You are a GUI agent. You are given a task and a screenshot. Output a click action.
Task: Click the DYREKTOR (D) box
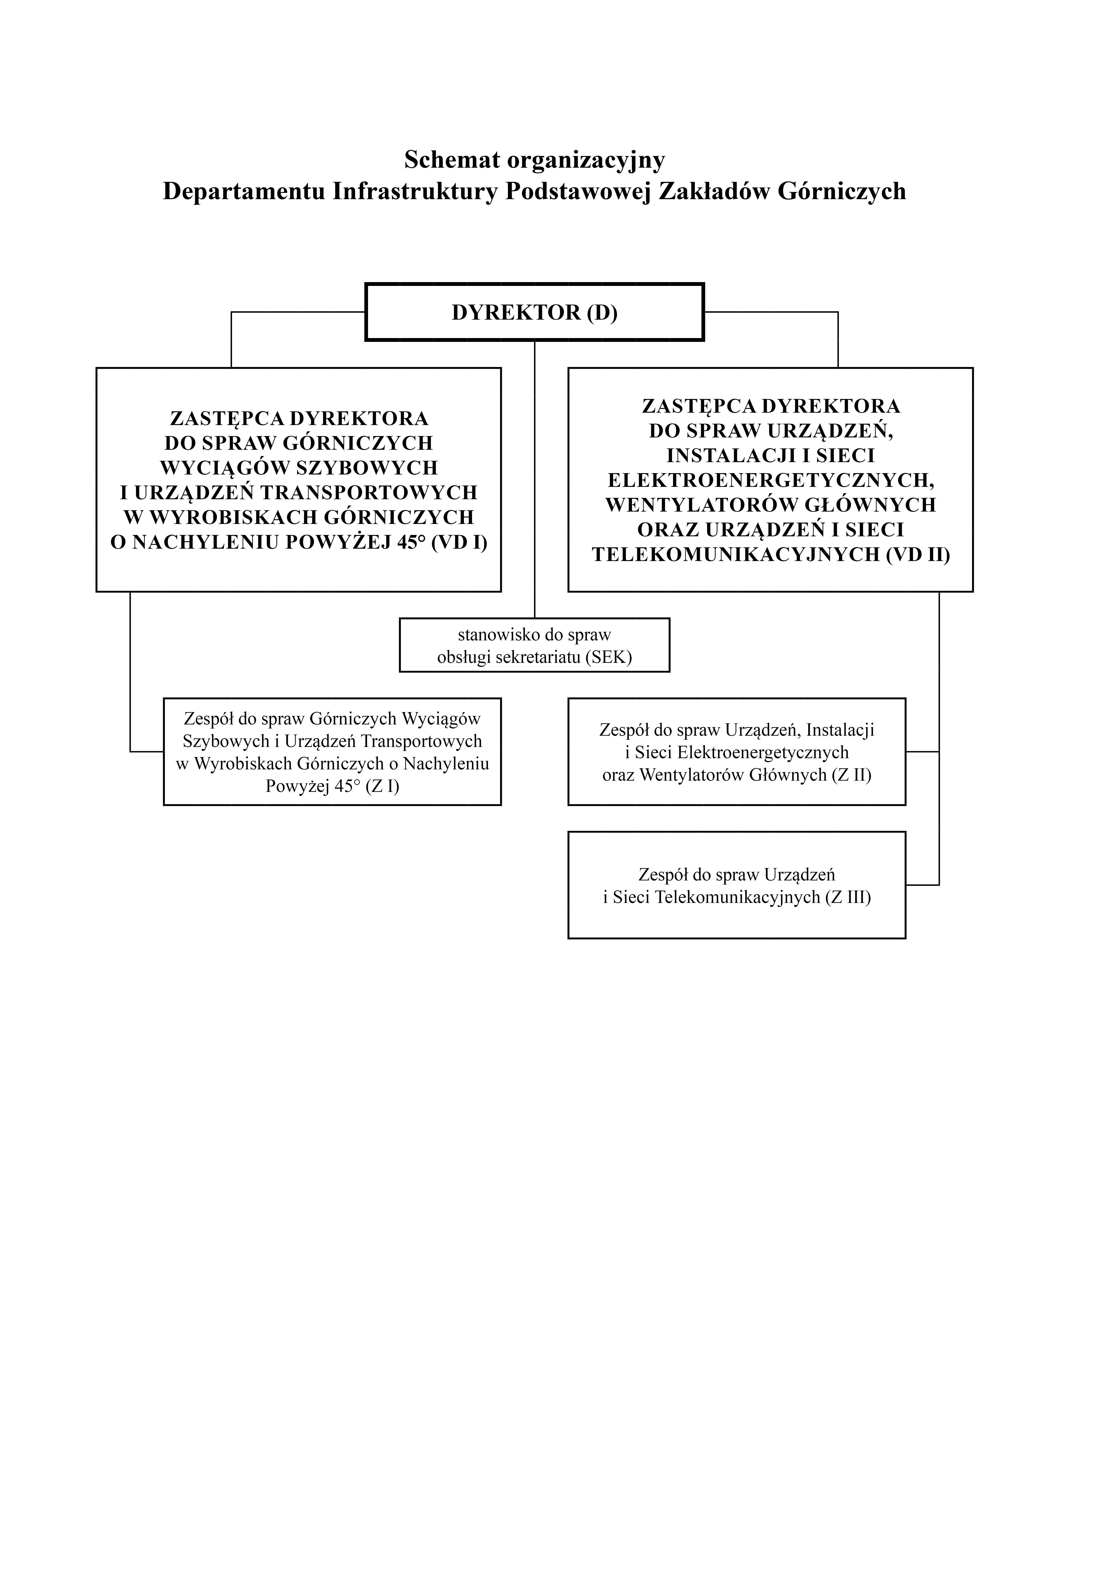point(534,312)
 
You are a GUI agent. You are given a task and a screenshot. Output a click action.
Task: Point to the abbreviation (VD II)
point(918,555)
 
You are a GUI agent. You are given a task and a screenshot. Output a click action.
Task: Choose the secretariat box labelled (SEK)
point(534,645)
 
